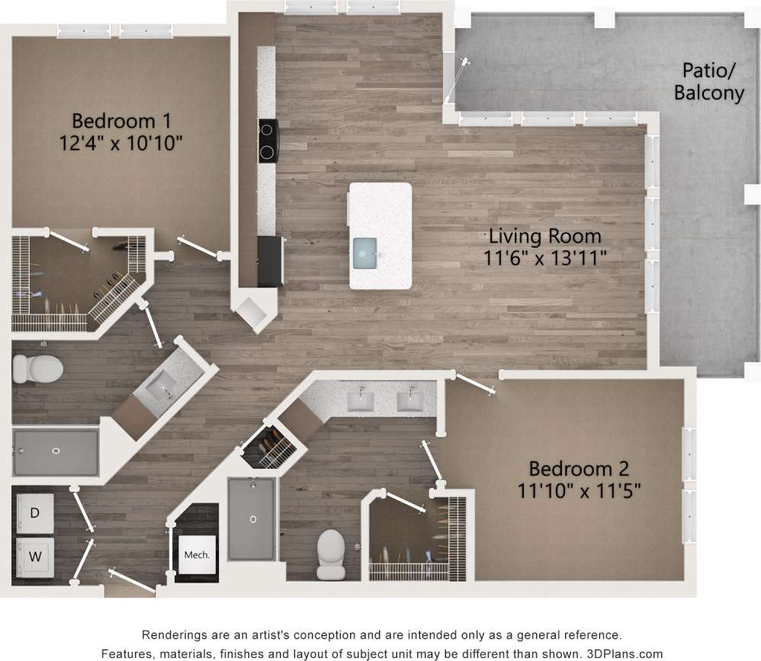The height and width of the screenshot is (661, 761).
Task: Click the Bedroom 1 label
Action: [x=120, y=120]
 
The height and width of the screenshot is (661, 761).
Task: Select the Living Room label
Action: [x=544, y=236]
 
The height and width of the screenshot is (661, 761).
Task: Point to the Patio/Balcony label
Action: [x=708, y=82]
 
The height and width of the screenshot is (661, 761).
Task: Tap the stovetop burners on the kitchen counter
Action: [x=267, y=141]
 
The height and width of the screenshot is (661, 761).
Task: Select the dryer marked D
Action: [x=35, y=513]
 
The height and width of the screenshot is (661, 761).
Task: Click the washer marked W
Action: [x=35, y=556]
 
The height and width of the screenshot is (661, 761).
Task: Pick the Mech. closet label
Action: [x=197, y=555]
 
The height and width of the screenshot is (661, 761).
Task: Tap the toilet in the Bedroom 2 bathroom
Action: [x=332, y=554]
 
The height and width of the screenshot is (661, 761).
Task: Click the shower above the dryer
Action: [x=56, y=452]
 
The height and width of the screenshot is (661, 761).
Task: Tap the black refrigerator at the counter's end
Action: [x=271, y=262]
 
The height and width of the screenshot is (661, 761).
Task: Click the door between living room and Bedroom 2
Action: [x=474, y=383]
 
